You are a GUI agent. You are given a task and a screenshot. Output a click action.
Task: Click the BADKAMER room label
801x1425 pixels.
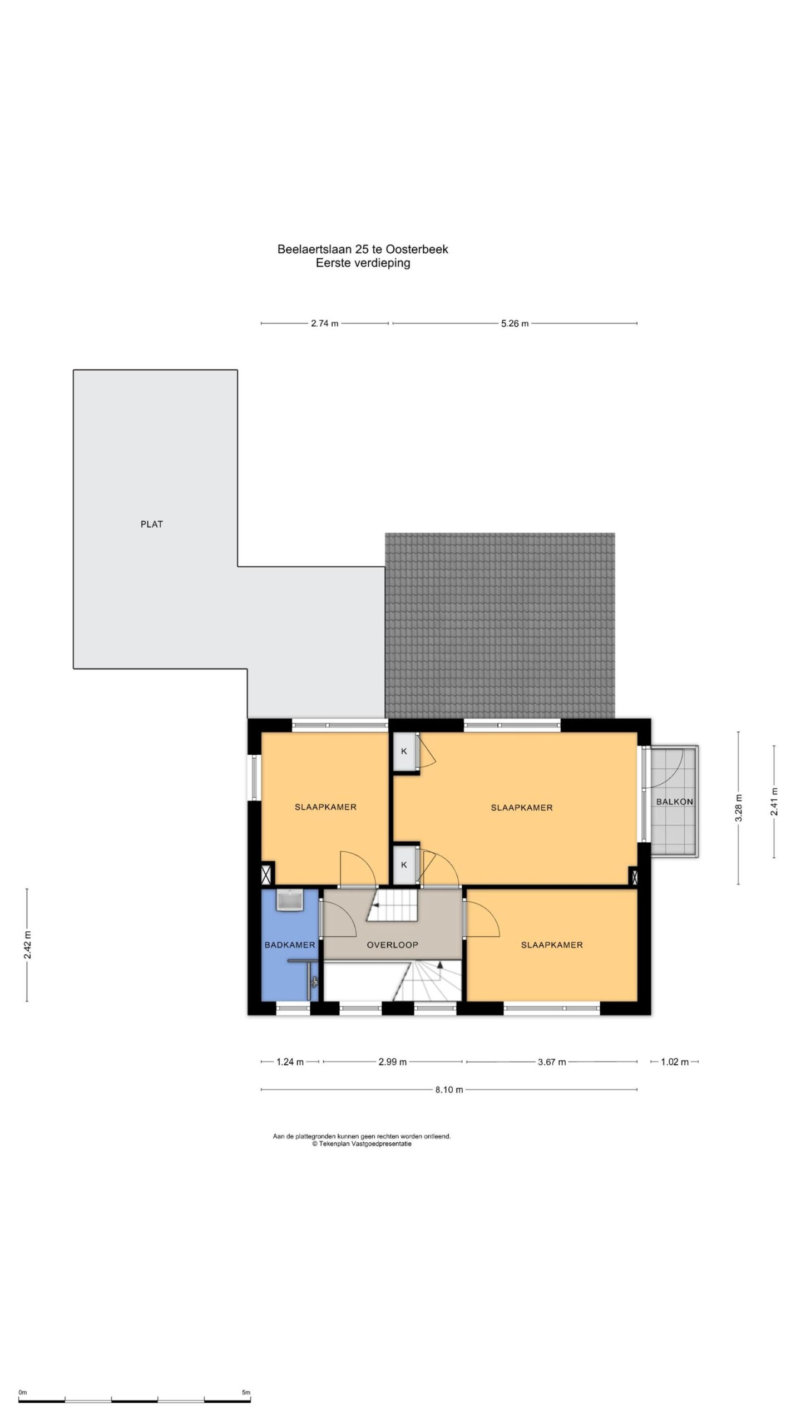click(290, 945)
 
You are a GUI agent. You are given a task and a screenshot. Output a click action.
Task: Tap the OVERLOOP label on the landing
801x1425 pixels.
click(392, 945)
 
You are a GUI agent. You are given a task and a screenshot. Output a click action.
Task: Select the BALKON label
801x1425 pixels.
click(675, 802)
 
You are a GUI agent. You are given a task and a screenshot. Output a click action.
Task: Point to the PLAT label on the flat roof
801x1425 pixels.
click(151, 524)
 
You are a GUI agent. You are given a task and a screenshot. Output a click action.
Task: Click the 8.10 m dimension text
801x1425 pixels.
click(449, 1090)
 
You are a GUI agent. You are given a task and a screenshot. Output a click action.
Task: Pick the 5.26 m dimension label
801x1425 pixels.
click(515, 323)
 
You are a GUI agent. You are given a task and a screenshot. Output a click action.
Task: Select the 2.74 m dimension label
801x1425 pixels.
click(324, 323)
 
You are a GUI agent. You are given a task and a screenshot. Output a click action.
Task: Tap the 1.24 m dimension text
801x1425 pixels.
click(290, 1062)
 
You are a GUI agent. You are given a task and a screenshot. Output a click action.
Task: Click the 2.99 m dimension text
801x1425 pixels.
click(392, 1062)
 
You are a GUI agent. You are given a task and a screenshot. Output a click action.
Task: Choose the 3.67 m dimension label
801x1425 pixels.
click(552, 1062)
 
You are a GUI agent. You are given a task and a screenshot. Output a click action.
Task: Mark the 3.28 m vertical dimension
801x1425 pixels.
click(739, 808)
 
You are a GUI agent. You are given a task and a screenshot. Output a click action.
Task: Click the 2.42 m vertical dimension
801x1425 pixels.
click(27, 945)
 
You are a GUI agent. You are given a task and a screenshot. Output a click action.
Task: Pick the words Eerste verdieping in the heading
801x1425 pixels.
click(363, 263)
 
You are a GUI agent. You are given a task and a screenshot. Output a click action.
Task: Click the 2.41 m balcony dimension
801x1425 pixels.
click(774, 802)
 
